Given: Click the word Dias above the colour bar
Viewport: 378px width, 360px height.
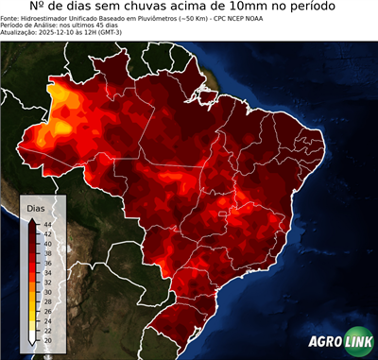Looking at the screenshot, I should (36, 207).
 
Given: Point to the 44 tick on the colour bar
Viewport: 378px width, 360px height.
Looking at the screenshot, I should (46, 223).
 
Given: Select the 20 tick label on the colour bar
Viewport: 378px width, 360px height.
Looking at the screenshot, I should (46, 338).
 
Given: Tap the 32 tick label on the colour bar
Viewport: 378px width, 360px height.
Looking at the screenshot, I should (46, 281).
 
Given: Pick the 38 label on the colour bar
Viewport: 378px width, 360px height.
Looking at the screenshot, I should (46, 252).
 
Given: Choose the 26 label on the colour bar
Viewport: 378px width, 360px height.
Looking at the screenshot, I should (46, 310).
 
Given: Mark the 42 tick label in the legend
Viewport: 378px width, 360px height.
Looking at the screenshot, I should (46, 232).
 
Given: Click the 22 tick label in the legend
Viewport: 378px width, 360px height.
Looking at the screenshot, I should (46, 329).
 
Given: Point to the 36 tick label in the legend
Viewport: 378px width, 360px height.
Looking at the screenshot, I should (46, 262).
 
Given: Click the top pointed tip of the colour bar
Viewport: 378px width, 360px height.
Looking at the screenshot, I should (33, 218).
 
